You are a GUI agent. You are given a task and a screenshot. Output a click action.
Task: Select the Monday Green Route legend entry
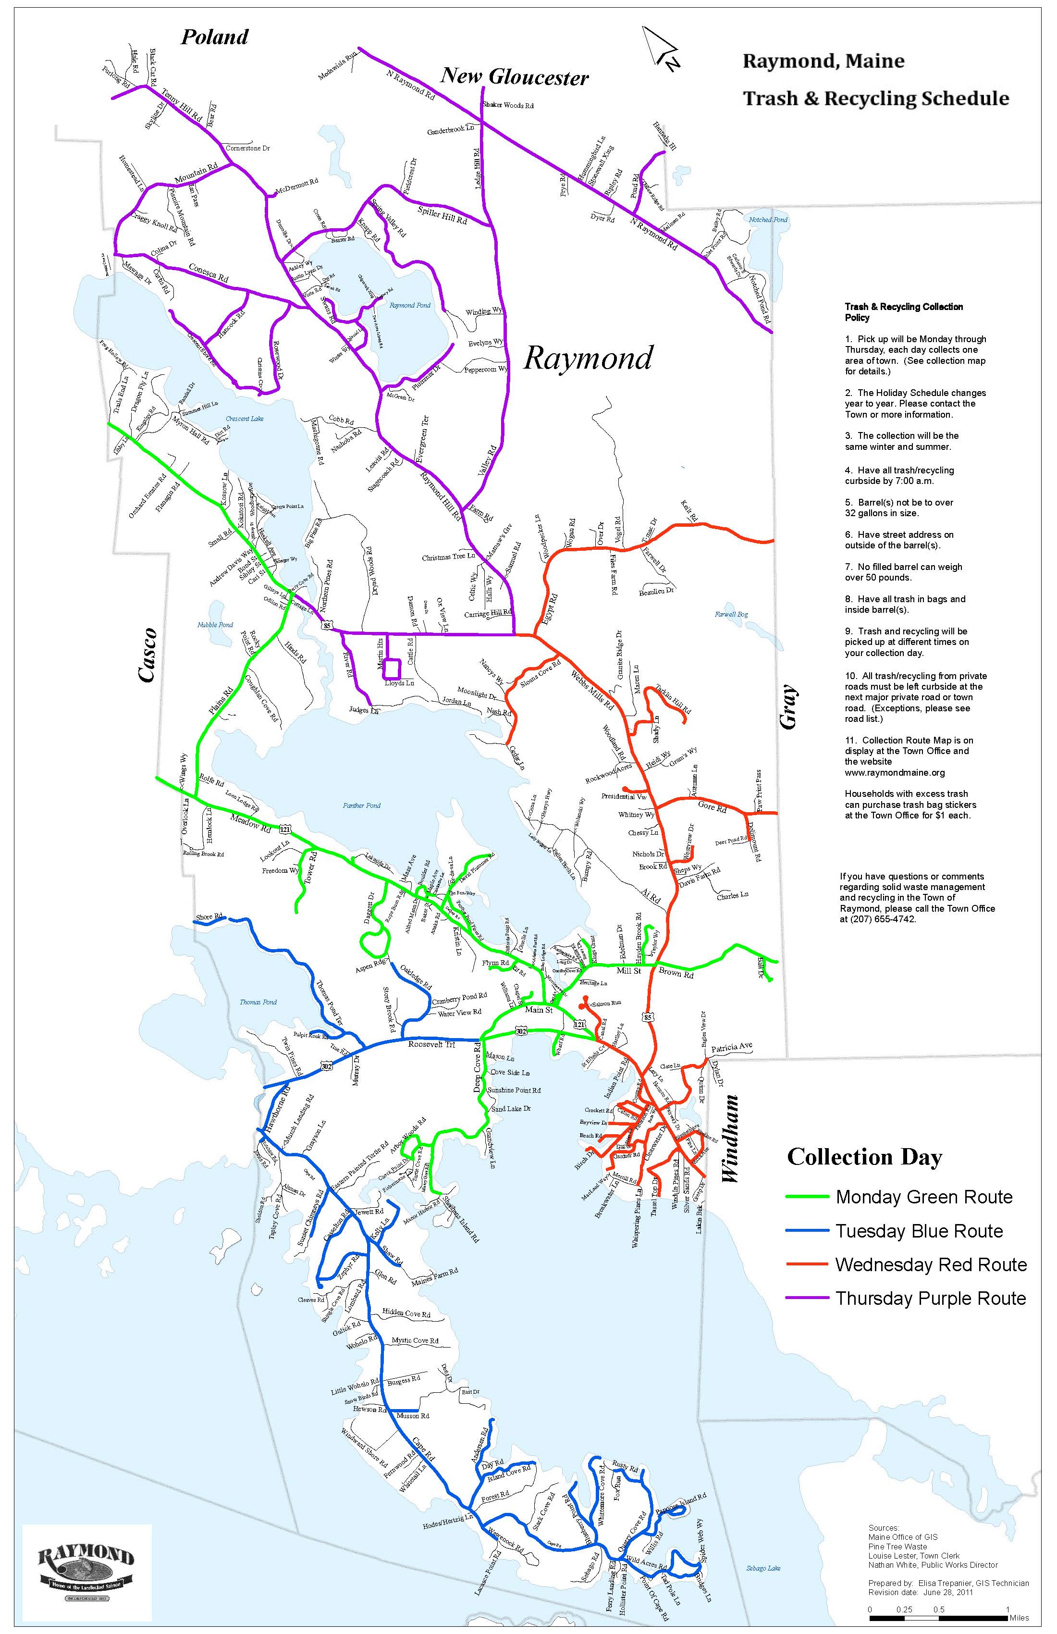pos(898,1197)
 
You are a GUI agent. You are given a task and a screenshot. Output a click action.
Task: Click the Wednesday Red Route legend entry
pos(906,1264)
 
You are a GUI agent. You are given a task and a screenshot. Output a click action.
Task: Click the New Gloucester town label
pos(514,76)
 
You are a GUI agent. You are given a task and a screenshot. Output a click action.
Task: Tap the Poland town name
pos(214,37)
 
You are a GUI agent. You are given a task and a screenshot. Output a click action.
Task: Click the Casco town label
pos(147,655)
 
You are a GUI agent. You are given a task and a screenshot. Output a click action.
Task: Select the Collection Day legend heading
pos(865,1157)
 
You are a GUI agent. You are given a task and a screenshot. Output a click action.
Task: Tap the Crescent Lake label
pos(245,418)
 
